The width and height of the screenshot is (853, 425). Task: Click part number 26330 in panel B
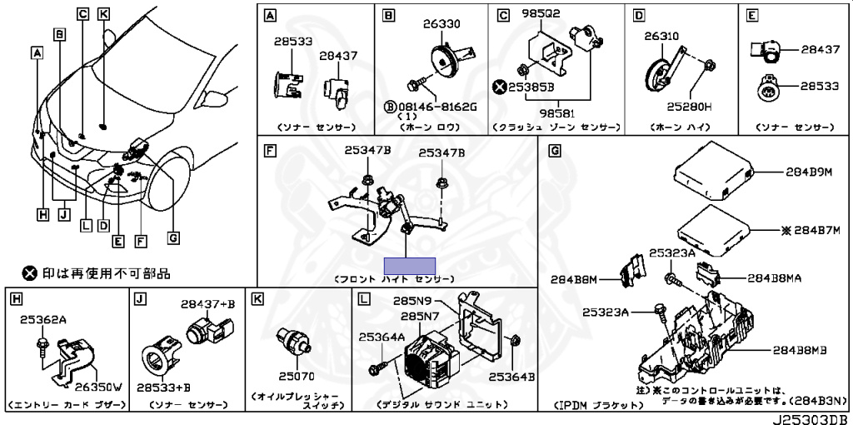point(441,24)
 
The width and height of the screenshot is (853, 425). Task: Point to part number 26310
point(661,37)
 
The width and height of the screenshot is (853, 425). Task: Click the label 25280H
point(688,107)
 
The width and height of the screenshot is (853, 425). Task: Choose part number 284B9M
point(808,172)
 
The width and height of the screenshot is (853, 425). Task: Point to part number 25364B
point(511,376)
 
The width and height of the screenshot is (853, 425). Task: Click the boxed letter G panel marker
point(556,151)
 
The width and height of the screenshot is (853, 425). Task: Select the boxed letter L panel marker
point(363,297)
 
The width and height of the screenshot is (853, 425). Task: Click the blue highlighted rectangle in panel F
point(409,266)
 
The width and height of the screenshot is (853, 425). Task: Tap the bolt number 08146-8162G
point(436,107)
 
